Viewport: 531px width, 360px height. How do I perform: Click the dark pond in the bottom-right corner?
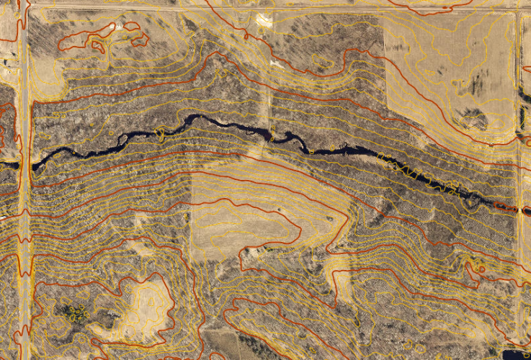516,354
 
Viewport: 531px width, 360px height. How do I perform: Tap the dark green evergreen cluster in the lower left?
73,313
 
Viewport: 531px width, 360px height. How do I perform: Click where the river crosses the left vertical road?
26,165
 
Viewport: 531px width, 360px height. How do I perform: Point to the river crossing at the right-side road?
517,207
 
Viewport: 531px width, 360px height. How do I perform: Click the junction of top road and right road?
518,7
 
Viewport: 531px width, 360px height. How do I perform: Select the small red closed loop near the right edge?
476,268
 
